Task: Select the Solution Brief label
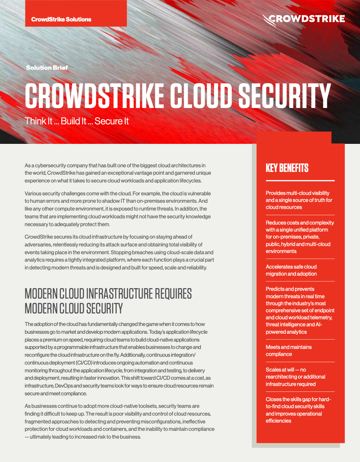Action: tap(47, 67)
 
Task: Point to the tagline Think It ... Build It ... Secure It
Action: tap(76, 121)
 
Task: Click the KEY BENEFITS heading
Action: tap(287, 168)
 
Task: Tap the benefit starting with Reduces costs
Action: tap(300, 237)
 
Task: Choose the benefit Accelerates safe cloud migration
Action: tap(291, 270)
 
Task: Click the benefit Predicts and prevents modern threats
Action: tap(300, 310)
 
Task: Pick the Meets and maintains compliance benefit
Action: tap(289, 350)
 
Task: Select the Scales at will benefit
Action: tap(295, 377)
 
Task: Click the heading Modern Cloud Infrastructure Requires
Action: tap(108, 294)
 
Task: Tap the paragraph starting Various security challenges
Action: tap(118, 209)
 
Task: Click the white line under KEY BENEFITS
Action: tap(300, 181)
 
